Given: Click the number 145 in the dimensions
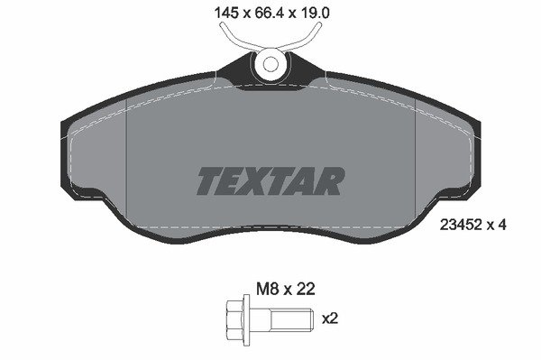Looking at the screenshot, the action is click(226, 14).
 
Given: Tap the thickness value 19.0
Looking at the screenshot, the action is click(316, 14).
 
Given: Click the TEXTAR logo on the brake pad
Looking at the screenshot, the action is click(270, 181).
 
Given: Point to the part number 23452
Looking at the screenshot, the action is click(460, 225).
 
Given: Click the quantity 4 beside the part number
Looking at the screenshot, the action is click(501, 225).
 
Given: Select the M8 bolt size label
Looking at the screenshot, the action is click(268, 289).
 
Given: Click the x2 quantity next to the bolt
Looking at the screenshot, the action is click(330, 318).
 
